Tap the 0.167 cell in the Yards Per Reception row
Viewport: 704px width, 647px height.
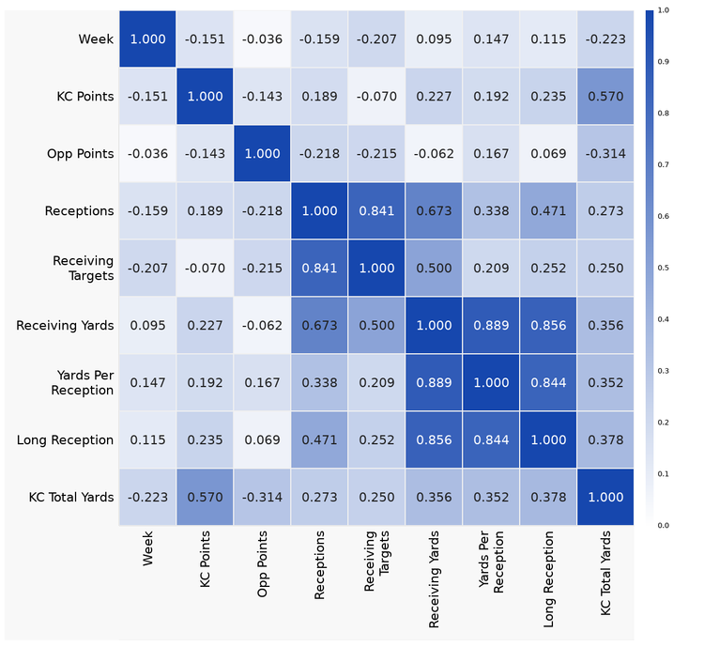click(262, 382)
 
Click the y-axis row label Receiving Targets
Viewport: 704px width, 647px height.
click(83, 268)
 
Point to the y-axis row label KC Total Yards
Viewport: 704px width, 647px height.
click(70, 497)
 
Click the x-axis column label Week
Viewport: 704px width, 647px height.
click(147, 550)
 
